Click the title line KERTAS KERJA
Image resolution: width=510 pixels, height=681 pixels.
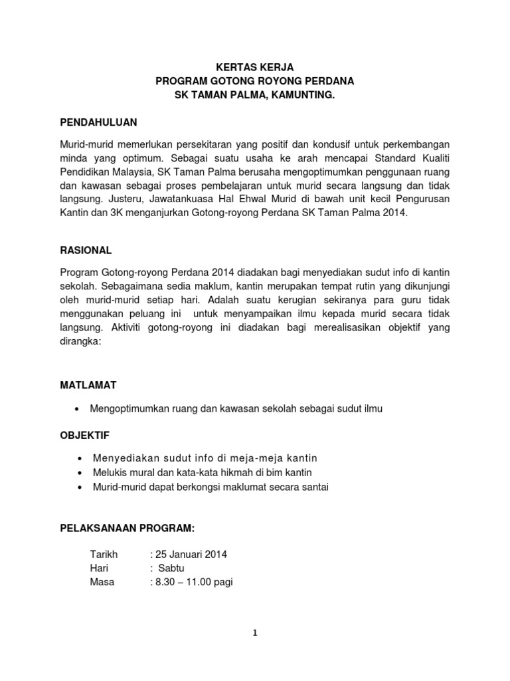255,67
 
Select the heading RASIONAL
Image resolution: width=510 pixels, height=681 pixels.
86,251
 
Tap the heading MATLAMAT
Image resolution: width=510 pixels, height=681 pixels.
88,385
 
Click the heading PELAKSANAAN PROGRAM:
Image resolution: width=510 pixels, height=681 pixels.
127,528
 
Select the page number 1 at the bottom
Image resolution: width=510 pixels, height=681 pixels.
255,633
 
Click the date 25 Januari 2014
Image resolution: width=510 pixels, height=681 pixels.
191,555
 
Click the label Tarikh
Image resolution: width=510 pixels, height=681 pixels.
103,555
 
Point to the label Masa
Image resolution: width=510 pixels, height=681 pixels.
102,582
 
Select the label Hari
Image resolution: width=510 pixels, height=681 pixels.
99,568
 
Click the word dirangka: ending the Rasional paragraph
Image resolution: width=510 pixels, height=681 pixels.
80,341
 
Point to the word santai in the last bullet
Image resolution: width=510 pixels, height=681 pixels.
315,487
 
